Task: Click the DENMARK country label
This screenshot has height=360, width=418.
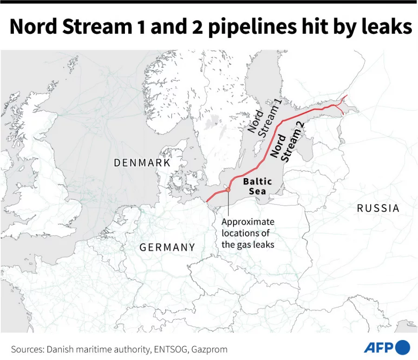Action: pyautogui.click(x=142, y=163)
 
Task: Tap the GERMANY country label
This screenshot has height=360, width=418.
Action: pyautogui.click(x=167, y=247)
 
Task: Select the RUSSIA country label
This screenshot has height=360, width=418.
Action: pyautogui.click(x=378, y=208)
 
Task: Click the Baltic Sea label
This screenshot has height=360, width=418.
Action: pyautogui.click(x=257, y=186)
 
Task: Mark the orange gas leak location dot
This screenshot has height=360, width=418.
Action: pyautogui.click(x=228, y=190)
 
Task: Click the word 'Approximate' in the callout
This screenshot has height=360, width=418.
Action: pyautogui.click(x=248, y=222)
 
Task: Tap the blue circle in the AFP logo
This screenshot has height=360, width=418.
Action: pyautogui.click(x=403, y=347)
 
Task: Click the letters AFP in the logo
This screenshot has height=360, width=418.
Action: pyautogui.click(x=378, y=347)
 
